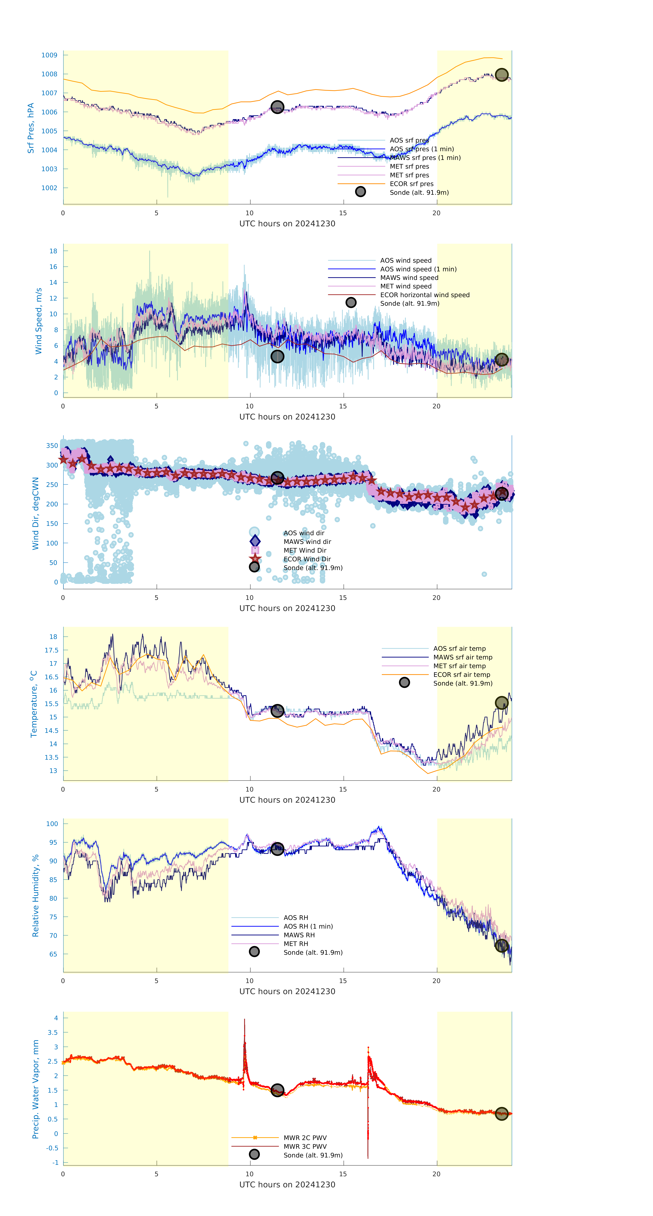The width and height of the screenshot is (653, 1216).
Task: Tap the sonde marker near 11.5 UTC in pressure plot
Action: (277, 107)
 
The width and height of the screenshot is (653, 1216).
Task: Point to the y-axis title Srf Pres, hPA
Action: (31, 128)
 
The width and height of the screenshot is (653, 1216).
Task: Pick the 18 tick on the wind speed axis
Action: (53, 251)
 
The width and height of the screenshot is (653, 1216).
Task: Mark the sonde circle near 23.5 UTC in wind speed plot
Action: (501, 360)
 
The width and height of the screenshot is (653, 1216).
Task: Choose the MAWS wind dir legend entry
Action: (307, 542)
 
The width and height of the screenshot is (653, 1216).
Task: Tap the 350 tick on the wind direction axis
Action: (52, 446)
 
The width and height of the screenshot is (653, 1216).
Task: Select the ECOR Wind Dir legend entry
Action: (307, 559)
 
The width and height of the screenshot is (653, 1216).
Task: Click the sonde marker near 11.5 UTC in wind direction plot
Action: (277, 478)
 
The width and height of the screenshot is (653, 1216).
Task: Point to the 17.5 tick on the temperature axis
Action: (51, 650)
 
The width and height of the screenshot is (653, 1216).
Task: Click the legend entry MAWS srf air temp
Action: (463, 657)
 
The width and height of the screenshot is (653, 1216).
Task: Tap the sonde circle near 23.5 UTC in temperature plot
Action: (501, 703)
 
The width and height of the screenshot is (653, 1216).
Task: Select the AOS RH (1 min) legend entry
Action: (308, 926)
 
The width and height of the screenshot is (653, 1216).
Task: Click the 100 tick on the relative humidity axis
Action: (52, 824)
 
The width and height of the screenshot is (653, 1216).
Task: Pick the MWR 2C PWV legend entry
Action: (305, 1138)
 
